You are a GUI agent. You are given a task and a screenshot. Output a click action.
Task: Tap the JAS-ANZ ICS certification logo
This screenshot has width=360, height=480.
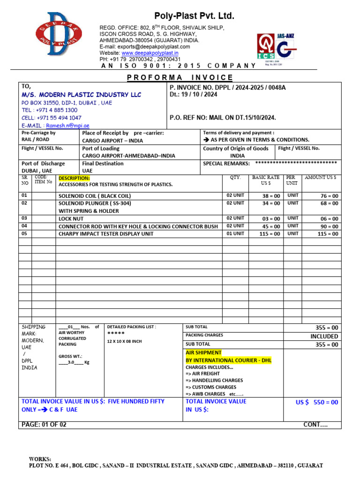pyautogui.click(x=277, y=50)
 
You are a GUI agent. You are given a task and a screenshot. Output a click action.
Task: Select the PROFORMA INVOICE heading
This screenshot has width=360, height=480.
pyautogui.click(x=180, y=77)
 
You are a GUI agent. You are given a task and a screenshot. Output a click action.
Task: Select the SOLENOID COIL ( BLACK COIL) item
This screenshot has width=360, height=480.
pyautogui.click(x=95, y=196)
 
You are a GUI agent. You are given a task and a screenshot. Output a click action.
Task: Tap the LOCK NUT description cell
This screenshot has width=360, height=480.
pyautogui.click(x=71, y=218)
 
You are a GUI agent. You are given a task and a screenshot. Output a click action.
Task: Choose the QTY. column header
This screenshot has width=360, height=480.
pyautogui.click(x=235, y=178)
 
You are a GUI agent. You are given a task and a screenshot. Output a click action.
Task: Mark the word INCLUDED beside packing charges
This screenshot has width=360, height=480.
pyautogui.click(x=324, y=337)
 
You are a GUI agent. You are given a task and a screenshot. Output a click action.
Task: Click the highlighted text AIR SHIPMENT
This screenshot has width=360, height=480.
pyautogui.click(x=204, y=352)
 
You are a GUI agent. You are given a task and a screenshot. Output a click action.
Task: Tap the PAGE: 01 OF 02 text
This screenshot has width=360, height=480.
pyautogui.click(x=44, y=425)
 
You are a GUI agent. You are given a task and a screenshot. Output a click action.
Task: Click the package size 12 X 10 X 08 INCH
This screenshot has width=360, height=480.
pyautogui.click(x=124, y=341)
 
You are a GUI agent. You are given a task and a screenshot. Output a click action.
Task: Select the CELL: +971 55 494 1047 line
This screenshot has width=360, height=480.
pyautogui.click(x=52, y=118)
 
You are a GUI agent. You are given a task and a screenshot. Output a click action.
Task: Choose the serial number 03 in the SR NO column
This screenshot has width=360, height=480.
pyautogui.click(x=24, y=218)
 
